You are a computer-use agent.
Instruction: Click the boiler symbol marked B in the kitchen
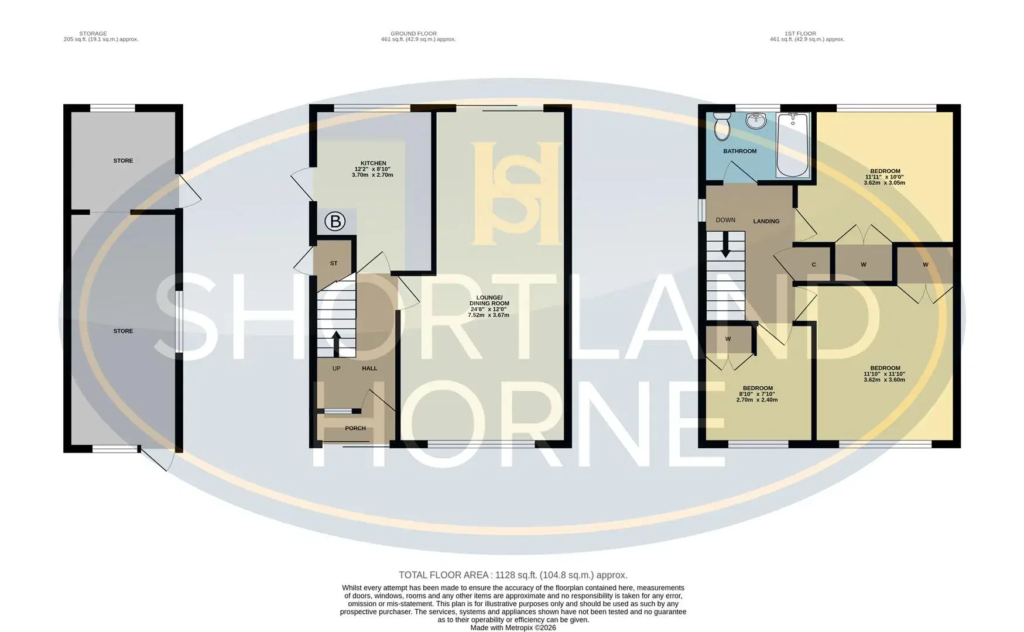click(x=335, y=221)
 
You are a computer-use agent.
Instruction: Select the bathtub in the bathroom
click(x=793, y=145)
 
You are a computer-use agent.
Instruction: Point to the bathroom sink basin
click(x=756, y=121)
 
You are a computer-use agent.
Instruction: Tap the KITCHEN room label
click(x=374, y=163)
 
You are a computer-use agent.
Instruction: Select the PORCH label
click(x=355, y=428)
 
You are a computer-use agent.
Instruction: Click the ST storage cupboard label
click(x=334, y=263)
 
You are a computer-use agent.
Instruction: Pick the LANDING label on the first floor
click(x=766, y=221)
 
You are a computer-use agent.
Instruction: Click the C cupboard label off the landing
click(x=814, y=265)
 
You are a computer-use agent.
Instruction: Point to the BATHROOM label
click(x=740, y=151)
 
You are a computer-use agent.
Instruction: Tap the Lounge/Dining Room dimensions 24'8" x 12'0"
click(x=489, y=310)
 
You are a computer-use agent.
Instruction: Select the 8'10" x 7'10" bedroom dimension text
click(x=758, y=394)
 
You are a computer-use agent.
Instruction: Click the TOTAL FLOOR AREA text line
click(x=513, y=575)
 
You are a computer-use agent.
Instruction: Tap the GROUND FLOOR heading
click(x=414, y=34)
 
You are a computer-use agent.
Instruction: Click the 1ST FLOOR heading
click(x=800, y=34)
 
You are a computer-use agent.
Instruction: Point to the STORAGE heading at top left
click(x=93, y=34)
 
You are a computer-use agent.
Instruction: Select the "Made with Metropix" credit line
click(x=513, y=628)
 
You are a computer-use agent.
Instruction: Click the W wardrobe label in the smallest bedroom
click(x=728, y=339)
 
